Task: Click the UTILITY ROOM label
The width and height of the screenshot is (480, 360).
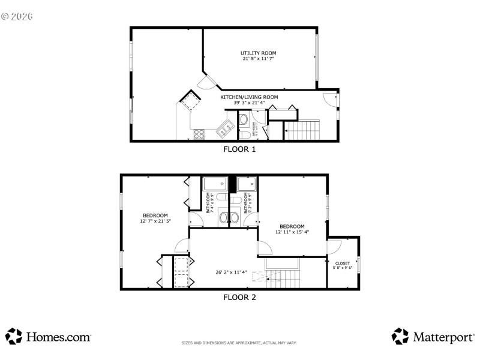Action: (x=259, y=53)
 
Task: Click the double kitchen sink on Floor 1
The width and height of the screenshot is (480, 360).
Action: (x=226, y=127)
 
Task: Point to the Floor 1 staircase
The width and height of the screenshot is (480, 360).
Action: (x=302, y=130)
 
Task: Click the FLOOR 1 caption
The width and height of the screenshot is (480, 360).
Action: (x=239, y=150)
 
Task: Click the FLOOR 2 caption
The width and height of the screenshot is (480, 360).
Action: (x=239, y=297)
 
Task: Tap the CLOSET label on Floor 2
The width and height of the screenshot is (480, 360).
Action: (x=343, y=263)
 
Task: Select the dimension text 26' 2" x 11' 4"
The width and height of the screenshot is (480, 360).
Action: (x=232, y=272)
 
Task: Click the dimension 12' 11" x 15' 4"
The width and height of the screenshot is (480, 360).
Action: (x=292, y=232)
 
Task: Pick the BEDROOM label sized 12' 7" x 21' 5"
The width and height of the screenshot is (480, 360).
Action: (x=155, y=215)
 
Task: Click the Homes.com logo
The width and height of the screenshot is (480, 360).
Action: (x=49, y=337)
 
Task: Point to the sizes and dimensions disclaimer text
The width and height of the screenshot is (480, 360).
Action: (x=239, y=343)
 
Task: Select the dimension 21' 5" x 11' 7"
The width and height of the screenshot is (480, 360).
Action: (x=259, y=59)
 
